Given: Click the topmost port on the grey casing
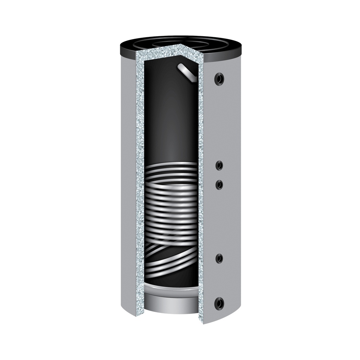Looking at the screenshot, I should [x=219, y=79].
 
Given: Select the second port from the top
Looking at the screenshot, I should [x=219, y=165].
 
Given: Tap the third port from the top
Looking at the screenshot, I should [x=219, y=184].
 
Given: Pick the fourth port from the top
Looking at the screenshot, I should [x=219, y=259].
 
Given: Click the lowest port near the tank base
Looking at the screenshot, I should [x=219, y=303].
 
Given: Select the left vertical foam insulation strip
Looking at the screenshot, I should [x=140, y=176].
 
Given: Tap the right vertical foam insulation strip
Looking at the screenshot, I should [x=201, y=176].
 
